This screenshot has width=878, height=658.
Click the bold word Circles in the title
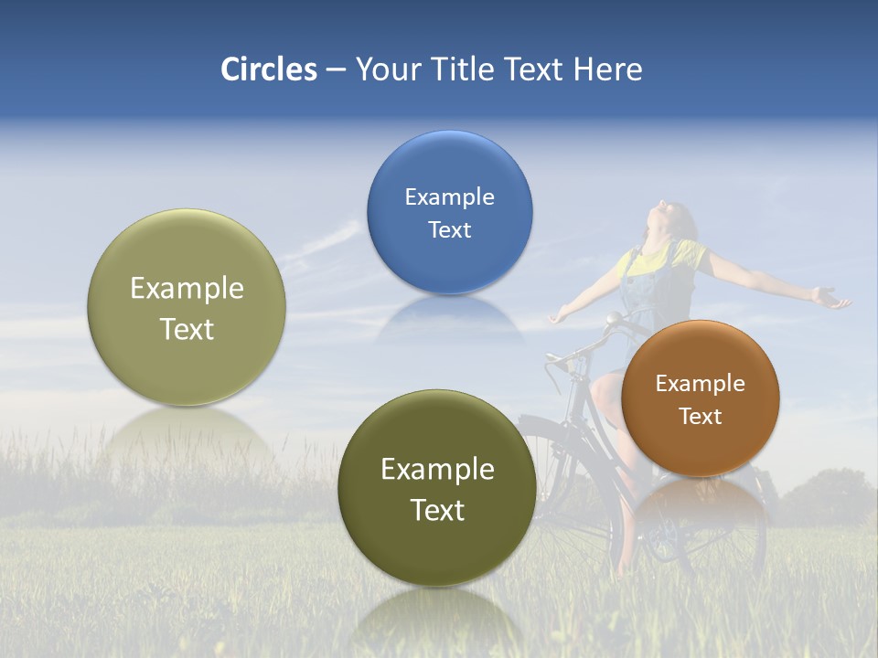(x=268, y=69)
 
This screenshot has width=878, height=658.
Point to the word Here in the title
(x=607, y=69)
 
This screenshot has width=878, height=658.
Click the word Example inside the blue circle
(x=449, y=196)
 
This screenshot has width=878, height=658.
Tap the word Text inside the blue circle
(x=449, y=229)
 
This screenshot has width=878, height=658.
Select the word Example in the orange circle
(x=700, y=383)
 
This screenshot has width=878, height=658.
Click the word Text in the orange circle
(x=700, y=416)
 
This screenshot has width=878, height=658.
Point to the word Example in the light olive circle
(x=187, y=288)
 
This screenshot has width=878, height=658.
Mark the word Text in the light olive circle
(x=187, y=329)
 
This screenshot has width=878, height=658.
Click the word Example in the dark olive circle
(x=437, y=469)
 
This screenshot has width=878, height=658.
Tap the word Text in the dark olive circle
(x=437, y=510)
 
